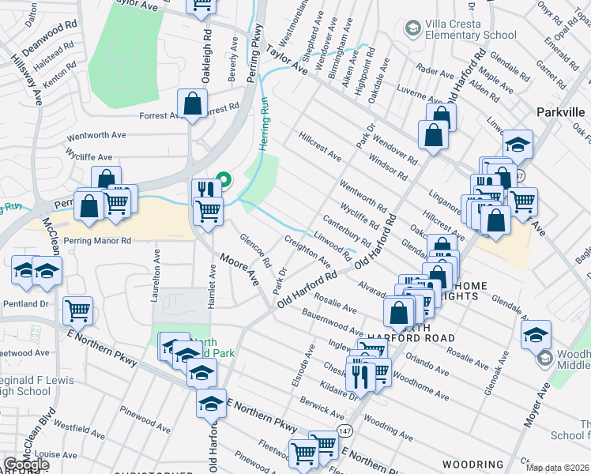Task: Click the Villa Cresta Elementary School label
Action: pos(470,29)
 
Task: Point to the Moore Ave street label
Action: pos(240,269)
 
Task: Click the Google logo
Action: pos(26,465)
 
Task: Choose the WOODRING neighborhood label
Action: pos(472,464)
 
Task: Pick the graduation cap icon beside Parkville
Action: pos(518,144)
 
